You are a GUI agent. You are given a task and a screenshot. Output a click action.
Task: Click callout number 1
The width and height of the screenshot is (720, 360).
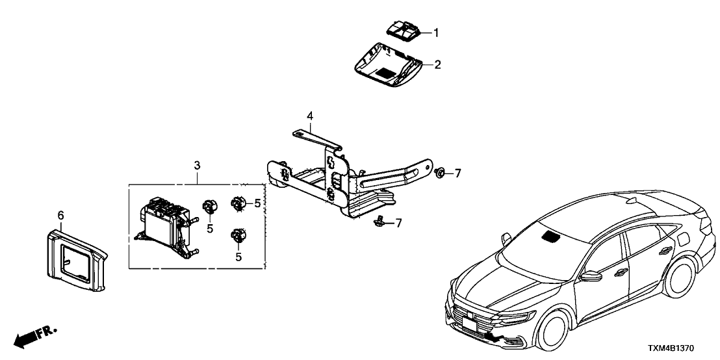pos(437,32)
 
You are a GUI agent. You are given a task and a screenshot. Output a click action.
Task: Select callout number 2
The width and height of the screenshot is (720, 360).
pos(437,64)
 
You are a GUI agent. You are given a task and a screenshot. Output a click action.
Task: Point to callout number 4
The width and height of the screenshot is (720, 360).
pos(310,116)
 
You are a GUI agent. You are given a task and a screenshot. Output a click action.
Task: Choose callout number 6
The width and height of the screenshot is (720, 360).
pos(60,214)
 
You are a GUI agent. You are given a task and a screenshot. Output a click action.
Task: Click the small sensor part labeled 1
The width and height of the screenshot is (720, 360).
pos(404,29)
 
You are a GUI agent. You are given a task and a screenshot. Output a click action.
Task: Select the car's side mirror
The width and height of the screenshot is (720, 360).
pos(592,276)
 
